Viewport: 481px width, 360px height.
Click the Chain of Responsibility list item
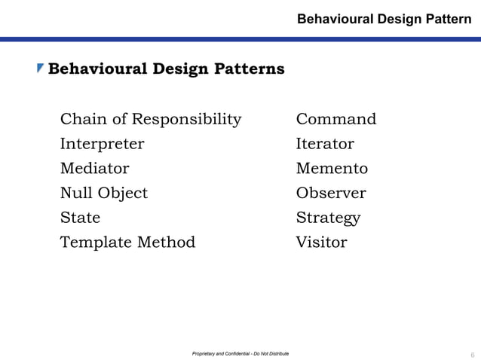pos(151,119)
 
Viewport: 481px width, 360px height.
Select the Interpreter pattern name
pos(102,144)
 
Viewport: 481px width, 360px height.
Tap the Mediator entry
pos(94,168)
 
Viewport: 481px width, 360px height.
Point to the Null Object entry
pos(104,193)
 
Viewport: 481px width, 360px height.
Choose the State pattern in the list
pos(80,218)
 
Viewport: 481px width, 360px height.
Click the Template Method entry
pos(127,242)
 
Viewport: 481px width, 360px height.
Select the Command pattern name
pos(336,119)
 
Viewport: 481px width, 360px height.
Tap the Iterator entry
pos(325,144)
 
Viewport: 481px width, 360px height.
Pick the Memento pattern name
pos(332,168)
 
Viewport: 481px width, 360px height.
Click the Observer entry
pos(331,193)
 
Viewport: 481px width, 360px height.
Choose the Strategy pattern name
pos(328,218)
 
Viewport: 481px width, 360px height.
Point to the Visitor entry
pos(322,242)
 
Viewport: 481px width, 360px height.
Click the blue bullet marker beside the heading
pos(41,69)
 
